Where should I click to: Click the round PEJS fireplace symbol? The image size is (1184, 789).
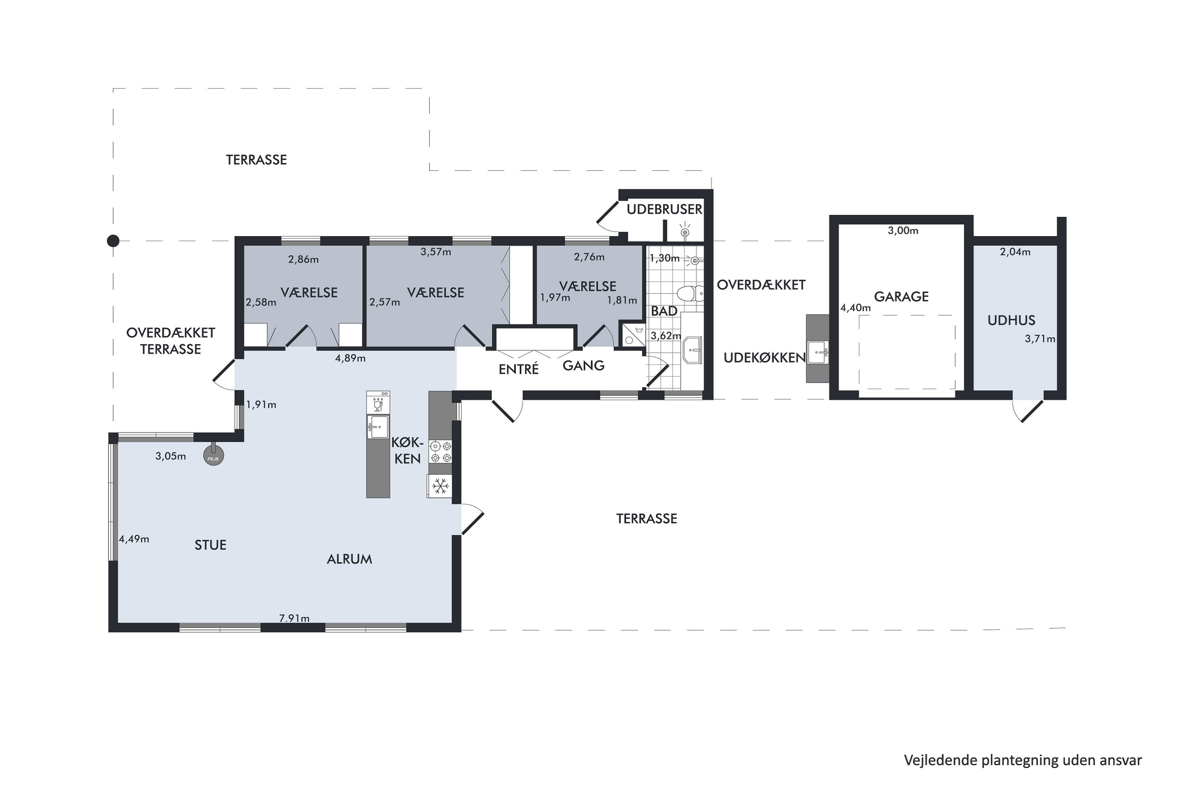tap(214, 456)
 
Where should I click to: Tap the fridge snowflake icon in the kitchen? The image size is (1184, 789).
tap(440, 486)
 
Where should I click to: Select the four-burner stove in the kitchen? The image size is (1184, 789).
tap(440, 451)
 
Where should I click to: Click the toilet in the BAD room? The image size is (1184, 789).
tap(690, 293)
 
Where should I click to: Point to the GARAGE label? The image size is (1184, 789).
tap(901, 297)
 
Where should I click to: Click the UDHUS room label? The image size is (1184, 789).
tap(1011, 320)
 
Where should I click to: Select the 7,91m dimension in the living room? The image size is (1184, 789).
tap(294, 618)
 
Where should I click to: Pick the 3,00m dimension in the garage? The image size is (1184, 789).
tap(903, 231)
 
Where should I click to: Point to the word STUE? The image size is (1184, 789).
tap(210, 545)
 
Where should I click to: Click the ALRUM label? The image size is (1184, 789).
tap(349, 559)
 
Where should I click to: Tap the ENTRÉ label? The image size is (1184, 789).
tap(519, 369)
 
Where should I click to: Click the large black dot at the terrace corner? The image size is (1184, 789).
tap(113, 241)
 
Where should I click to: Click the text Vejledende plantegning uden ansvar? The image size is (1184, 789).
tap(1023, 760)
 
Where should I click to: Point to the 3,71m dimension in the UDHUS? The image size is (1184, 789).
tap(1040, 339)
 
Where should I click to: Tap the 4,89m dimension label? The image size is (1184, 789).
tap(350, 358)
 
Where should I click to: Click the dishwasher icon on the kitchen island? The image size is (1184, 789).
tap(378, 402)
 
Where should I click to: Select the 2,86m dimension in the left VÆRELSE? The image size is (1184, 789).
tap(303, 260)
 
